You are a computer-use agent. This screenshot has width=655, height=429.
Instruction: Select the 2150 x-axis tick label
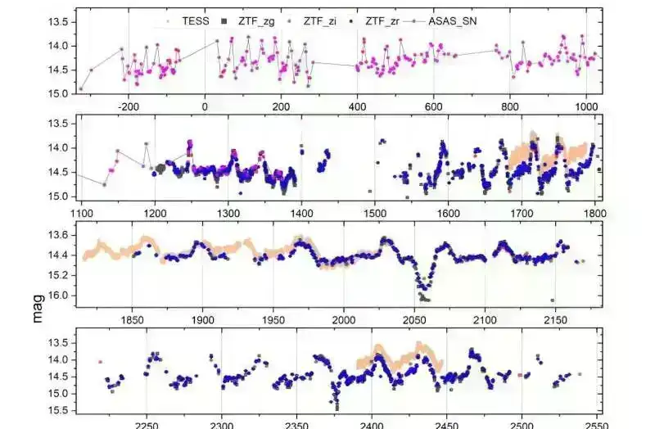(x=555, y=320)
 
